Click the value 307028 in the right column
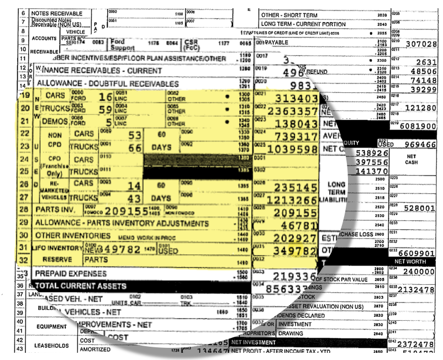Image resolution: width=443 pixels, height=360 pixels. tap(421, 44)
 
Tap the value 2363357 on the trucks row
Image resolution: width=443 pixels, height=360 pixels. tap(292, 110)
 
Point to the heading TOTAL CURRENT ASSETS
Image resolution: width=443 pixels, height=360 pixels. tap(81, 287)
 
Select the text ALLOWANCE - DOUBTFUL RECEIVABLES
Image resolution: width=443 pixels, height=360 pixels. tap(108, 84)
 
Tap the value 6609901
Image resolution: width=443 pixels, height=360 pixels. tap(421, 253)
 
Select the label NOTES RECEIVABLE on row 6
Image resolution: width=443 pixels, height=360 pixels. tap(57, 13)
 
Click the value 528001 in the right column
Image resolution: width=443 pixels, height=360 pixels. tap(421, 209)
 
